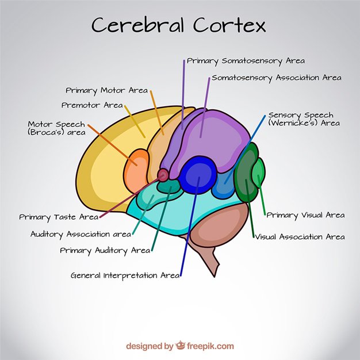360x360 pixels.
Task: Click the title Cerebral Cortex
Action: pos(179,25)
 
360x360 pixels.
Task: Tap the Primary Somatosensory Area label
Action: pos(246,60)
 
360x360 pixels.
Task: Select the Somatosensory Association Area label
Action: pos(277,78)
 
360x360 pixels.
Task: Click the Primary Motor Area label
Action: pos(106,90)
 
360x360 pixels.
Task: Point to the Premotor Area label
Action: pos(92,105)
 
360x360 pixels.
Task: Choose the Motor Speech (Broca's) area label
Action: pos(56,128)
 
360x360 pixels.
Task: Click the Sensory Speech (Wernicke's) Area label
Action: pos(304,119)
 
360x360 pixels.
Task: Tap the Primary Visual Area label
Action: pos(305,215)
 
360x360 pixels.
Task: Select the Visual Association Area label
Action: pos(300,236)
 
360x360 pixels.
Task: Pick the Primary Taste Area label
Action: pos(59,217)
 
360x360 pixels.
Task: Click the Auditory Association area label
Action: pos(81,234)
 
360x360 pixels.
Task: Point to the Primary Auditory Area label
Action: pos(105,250)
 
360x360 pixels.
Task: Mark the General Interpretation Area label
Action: pos(125,275)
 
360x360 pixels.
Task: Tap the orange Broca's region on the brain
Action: pos(137,165)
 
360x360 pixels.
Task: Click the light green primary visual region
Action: pos(259,173)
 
